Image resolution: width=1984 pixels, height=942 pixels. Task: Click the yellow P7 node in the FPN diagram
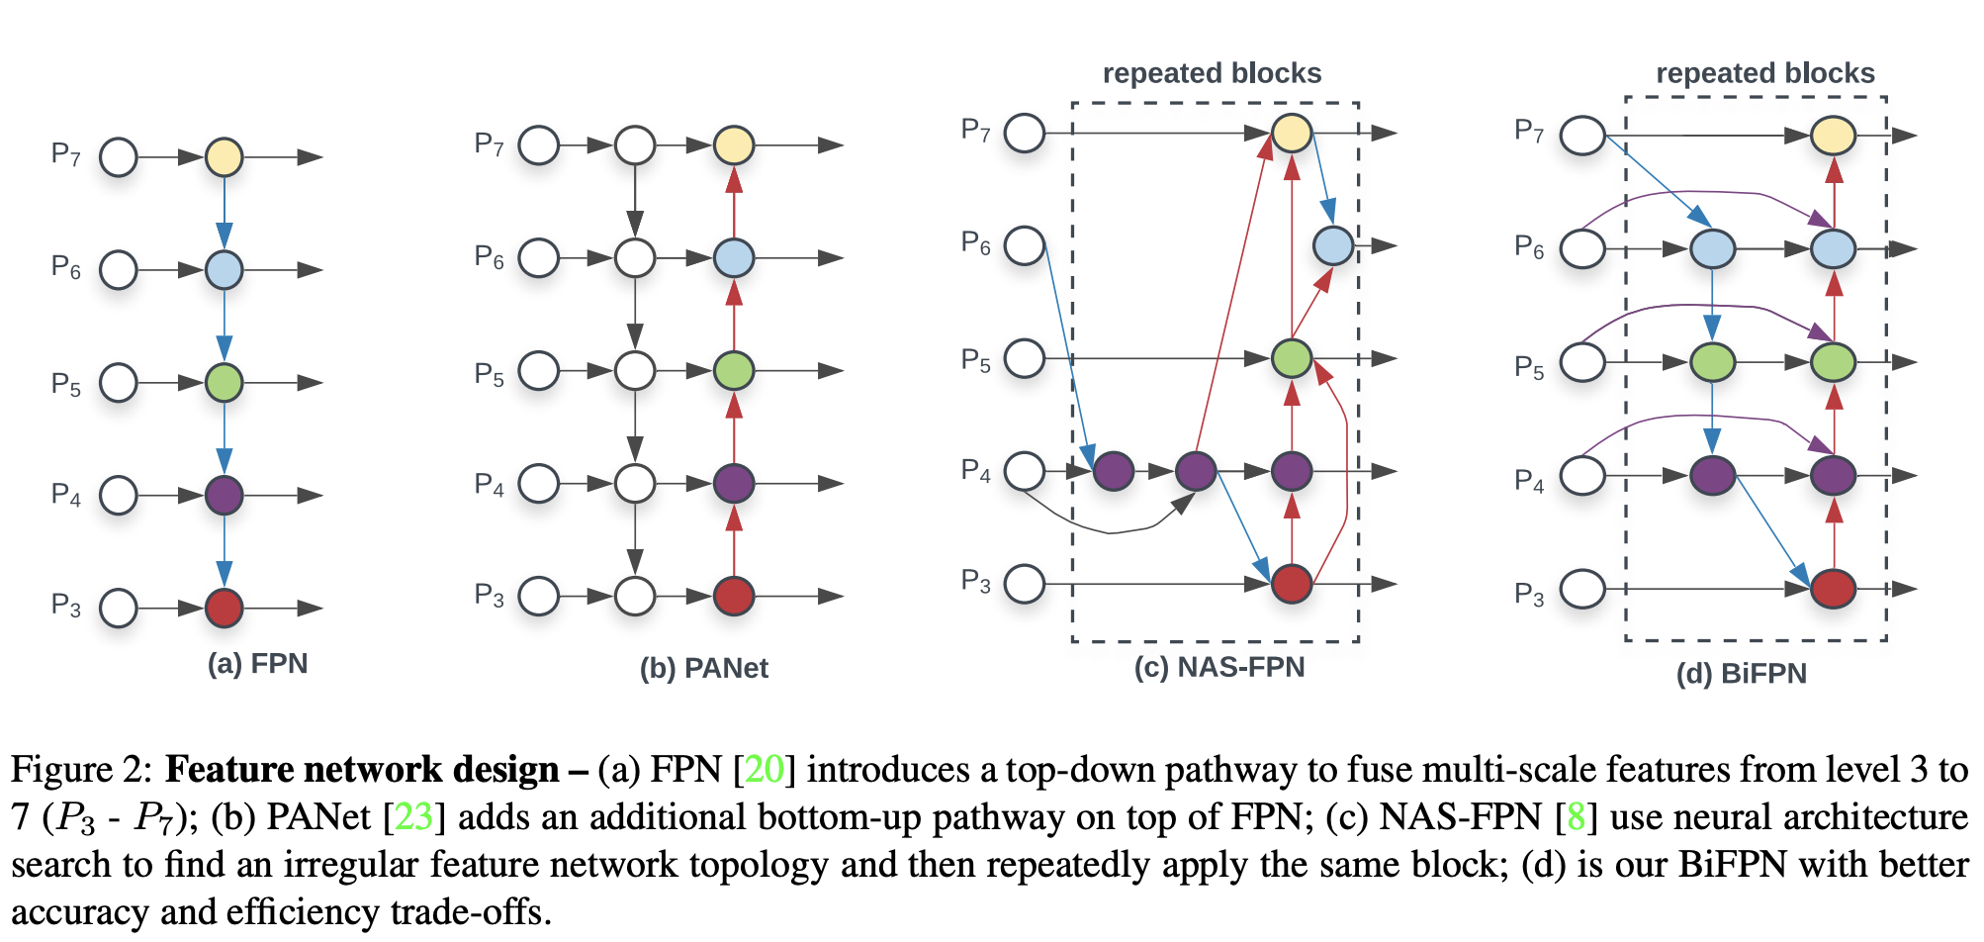(x=225, y=156)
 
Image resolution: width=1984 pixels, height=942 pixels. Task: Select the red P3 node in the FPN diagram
(x=225, y=608)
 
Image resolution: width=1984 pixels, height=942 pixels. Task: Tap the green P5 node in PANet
(x=734, y=371)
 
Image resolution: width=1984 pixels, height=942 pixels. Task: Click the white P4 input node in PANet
(x=539, y=484)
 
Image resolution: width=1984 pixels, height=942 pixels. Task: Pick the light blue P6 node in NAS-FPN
(x=1333, y=245)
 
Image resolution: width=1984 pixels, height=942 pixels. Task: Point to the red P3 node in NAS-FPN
(x=1292, y=584)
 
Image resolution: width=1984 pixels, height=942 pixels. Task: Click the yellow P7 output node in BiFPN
(x=1833, y=136)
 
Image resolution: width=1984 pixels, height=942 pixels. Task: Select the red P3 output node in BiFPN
(x=1834, y=589)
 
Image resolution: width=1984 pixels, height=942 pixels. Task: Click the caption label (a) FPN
(x=257, y=663)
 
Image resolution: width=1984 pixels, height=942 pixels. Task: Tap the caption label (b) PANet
(x=703, y=668)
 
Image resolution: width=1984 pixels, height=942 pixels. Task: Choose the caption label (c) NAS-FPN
(x=1219, y=667)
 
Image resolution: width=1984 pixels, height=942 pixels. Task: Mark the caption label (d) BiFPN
(x=1741, y=673)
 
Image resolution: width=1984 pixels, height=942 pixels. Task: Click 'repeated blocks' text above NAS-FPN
(x=1212, y=73)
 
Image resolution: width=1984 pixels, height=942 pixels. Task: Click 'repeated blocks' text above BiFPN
(x=1765, y=73)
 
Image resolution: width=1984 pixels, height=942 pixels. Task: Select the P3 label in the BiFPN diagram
(x=1529, y=594)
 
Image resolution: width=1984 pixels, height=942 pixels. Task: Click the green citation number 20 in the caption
(x=764, y=769)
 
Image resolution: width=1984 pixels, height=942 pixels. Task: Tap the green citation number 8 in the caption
(x=1576, y=816)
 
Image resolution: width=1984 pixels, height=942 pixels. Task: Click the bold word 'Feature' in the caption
(x=229, y=769)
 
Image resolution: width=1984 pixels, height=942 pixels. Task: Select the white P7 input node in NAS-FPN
(x=1025, y=133)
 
